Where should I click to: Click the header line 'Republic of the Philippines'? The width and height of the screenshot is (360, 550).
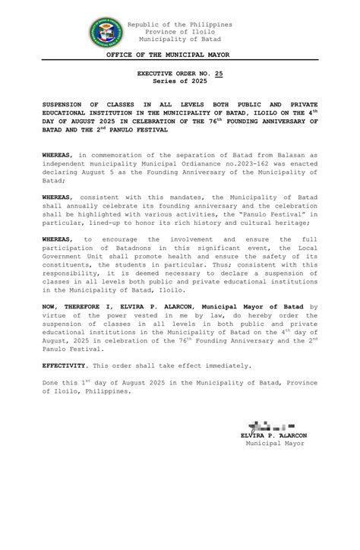pos(179,24)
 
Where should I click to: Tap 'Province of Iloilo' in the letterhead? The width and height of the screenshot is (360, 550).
pos(179,32)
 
